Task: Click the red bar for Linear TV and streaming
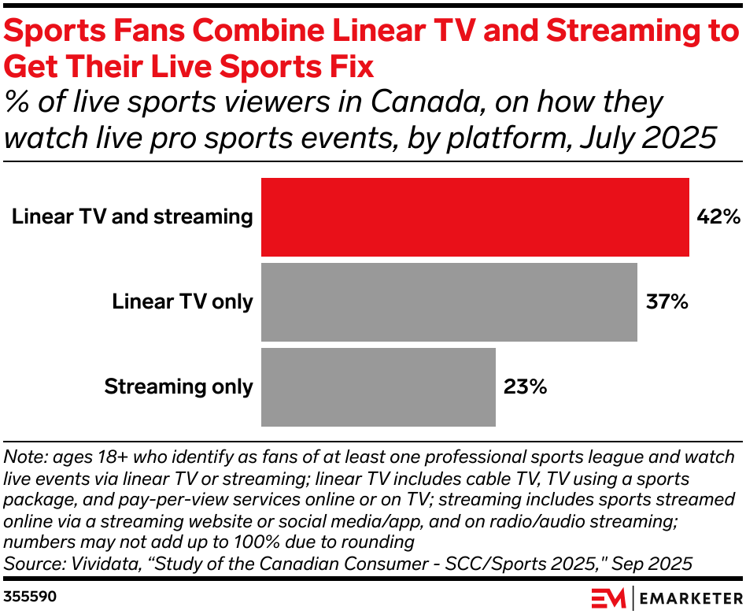tap(475, 216)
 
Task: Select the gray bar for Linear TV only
tap(449, 301)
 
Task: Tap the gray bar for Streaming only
tap(378, 387)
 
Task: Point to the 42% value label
tap(716, 216)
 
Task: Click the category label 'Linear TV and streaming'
tap(132, 216)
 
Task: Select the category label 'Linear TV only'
tap(183, 301)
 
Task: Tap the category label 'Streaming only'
tap(179, 387)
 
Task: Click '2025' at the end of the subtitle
tap(678, 138)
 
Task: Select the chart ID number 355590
tap(31, 596)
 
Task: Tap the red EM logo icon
tap(608, 596)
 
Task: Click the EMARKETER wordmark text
tap(689, 596)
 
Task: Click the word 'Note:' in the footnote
tap(25, 457)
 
